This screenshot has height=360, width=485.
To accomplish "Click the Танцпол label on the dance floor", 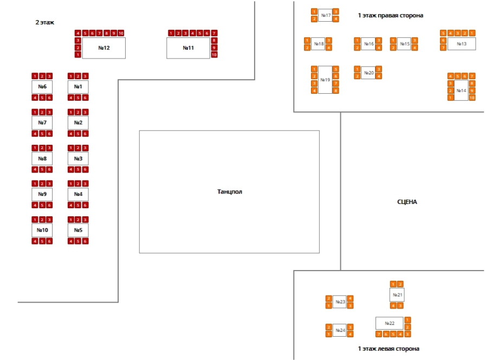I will tap(229, 191).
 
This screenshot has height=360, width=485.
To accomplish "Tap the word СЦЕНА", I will tap(407, 202).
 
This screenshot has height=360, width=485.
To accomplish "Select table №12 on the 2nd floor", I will tap(104, 48).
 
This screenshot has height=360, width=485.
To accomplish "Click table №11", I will tap(188, 48).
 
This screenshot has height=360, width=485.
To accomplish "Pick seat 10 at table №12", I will tap(120, 33).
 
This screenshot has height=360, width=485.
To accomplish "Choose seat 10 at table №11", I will tap(214, 55).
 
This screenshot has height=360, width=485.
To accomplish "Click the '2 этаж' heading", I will tap(44, 22).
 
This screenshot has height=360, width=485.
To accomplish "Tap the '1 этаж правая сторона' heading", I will tap(390, 15).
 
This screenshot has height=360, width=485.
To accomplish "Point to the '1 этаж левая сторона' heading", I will tap(388, 349).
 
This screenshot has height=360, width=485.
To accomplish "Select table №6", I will tap(42, 87).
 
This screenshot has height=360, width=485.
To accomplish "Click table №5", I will tap(78, 230).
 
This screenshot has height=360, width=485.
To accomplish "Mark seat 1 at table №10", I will tap(35, 220).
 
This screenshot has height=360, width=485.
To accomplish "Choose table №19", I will tap(325, 80).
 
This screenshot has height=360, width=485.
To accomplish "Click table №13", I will tap(461, 44).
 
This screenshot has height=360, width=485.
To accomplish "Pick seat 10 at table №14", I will tap(472, 98).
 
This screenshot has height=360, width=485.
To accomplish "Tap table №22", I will tap(389, 323).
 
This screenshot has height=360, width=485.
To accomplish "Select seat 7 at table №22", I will tap(379, 334).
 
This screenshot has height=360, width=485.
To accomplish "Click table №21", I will tap(397, 295).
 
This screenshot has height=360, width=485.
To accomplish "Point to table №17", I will tap(326, 15).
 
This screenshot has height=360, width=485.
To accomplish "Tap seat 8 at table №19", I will tap(335, 91).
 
